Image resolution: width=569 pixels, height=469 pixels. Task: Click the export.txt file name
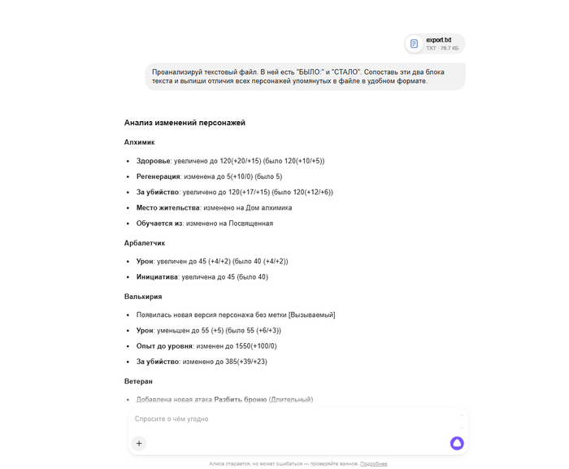(x=438, y=39)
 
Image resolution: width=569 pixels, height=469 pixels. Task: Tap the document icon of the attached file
(x=415, y=43)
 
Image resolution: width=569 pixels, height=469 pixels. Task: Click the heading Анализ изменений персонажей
(x=185, y=123)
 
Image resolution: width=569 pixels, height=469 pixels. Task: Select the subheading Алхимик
(x=139, y=142)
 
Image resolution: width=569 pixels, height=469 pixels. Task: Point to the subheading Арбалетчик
(x=145, y=243)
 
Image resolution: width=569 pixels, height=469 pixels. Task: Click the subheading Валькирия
(x=143, y=297)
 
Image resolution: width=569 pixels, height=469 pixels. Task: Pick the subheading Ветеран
(x=138, y=381)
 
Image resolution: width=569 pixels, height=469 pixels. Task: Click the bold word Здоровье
(x=154, y=161)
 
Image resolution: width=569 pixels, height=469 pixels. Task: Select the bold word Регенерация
(x=159, y=176)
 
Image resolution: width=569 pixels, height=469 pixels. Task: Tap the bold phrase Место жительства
(x=168, y=207)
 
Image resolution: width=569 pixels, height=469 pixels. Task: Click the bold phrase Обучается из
(x=159, y=223)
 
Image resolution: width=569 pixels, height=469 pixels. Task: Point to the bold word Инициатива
(x=157, y=276)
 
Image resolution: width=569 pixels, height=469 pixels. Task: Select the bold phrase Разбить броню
(x=240, y=399)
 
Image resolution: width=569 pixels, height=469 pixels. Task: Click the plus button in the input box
(x=139, y=443)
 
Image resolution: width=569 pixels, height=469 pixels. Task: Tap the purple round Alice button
(x=457, y=443)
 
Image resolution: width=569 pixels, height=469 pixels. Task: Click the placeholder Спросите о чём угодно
(x=172, y=419)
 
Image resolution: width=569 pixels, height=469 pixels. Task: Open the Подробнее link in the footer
(x=374, y=463)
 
